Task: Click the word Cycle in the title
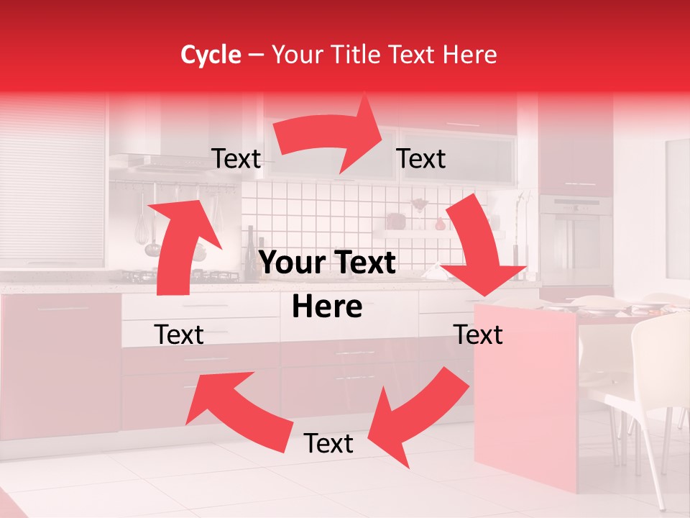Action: coord(211,55)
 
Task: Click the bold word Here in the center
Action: coord(327,307)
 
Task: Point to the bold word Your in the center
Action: coord(293,263)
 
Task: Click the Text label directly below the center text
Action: coord(328,443)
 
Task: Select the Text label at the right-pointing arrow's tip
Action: coord(421,159)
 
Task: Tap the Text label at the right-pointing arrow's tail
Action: coord(236,159)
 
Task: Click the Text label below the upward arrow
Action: coord(179,335)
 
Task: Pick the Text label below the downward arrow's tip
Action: coord(479,335)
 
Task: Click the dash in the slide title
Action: coord(255,55)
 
